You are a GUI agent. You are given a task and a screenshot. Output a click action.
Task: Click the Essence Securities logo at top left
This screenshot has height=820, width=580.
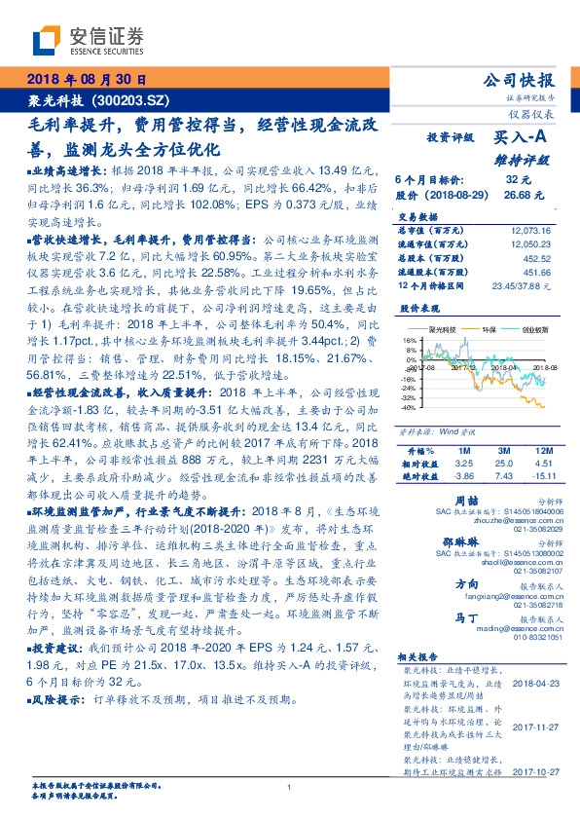(x=88, y=41)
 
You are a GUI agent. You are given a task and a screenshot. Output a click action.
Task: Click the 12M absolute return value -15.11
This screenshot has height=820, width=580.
(x=537, y=477)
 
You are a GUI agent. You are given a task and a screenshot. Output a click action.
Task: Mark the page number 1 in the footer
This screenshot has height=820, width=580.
(x=289, y=787)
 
